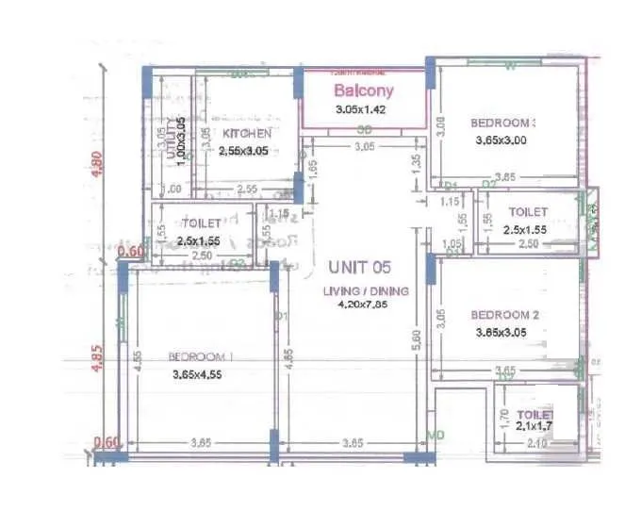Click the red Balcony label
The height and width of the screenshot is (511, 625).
click(364, 91)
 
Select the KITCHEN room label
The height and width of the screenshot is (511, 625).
click(247, 134)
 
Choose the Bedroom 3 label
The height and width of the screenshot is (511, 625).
click(504, 123)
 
